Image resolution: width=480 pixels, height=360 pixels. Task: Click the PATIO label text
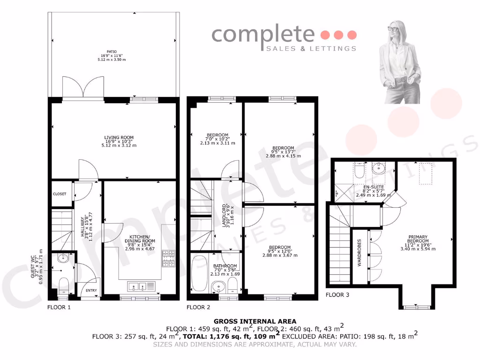pos(111,52)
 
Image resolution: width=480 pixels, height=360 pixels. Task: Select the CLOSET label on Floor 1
pos(60,194)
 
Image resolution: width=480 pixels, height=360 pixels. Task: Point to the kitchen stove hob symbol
pos(168,259)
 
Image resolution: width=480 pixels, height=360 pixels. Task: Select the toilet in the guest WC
pos(64,284)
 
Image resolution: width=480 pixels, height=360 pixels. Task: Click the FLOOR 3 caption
pos(337,295)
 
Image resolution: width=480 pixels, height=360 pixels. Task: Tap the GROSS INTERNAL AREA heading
pos(244,321)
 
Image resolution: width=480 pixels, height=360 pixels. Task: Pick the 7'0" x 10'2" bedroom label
pos(216,135)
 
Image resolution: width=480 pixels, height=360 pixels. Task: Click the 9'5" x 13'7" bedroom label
pos(284,148)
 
